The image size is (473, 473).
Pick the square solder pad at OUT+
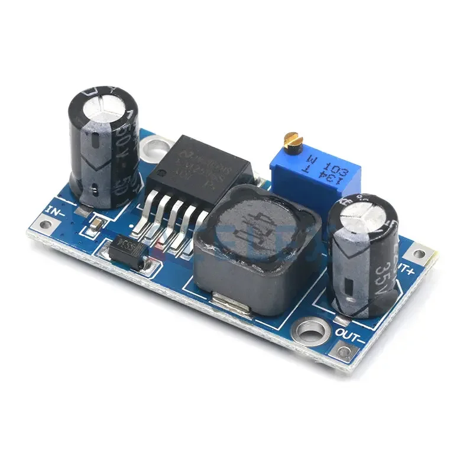(x=418, y=254)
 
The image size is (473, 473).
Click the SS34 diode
(x=129, y=249)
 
